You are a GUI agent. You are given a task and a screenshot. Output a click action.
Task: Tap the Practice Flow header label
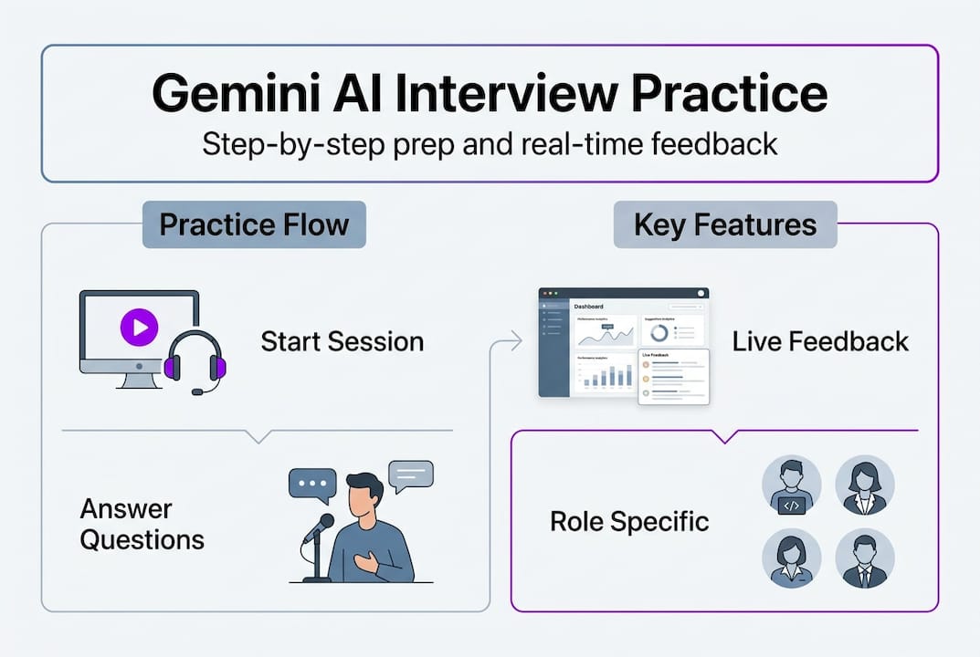point(254,224)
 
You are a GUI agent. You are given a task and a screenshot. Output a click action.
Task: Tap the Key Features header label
point(725,224)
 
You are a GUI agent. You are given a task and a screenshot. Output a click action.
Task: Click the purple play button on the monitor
point(140,327)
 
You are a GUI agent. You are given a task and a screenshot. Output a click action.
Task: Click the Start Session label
point(342,342)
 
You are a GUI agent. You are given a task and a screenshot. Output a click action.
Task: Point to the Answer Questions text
point(142,524)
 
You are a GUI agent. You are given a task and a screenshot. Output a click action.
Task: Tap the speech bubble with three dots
point(312,484)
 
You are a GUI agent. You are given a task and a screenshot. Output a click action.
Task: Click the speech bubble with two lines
point(410,474)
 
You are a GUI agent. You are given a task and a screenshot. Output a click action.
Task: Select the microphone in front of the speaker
point(319,529)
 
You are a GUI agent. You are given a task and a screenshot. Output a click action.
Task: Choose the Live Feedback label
point(820,342)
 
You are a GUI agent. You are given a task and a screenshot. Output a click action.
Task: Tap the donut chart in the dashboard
point(659,332)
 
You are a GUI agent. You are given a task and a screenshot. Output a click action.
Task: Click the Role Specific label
point(629,522)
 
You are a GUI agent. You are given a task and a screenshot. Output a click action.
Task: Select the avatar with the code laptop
point(791,485)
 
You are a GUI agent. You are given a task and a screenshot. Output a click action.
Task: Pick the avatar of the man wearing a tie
point(864,558)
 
